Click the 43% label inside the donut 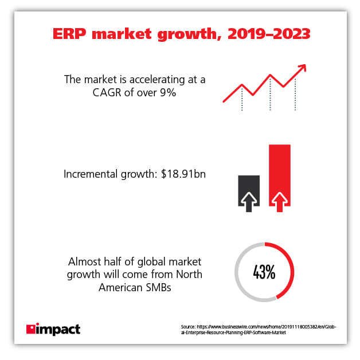click(x=264, y=272)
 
